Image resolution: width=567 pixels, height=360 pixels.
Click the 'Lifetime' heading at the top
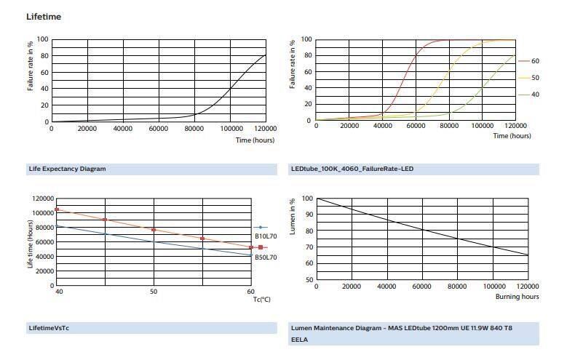click(x=44, y=16)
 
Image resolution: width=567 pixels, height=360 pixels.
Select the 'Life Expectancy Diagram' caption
click(x=67, y=169)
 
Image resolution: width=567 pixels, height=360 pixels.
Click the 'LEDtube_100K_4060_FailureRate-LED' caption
click(x=352, y=169)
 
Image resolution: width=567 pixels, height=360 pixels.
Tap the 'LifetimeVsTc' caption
click(x=49, y=328)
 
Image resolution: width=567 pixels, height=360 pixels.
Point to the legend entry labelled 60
click(x=535, y=61)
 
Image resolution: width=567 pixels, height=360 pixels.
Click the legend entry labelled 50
click(x=535, y=78)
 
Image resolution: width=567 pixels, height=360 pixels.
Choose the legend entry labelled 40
click(x=535, y=95)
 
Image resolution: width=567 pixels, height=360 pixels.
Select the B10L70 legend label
click(x=265, y=236)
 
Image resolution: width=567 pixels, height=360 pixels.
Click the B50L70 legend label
click(x=265, y=257)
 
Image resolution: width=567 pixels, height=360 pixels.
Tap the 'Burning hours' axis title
click(x=518, y=297)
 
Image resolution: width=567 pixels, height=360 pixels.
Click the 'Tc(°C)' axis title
click(x=261, y=299)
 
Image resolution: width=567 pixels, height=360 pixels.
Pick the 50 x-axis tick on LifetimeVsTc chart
click(x=154, y=291)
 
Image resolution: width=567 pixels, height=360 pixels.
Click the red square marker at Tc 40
click(x=57, y=209)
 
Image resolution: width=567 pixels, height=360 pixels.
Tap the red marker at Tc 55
click(x=202, y=239)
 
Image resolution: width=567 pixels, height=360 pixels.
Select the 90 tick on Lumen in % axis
click(x=309, y=215)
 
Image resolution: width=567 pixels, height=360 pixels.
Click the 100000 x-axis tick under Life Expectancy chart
click(x=231, y=129)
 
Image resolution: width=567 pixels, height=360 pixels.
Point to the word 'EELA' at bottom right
click(x=299, y=339)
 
